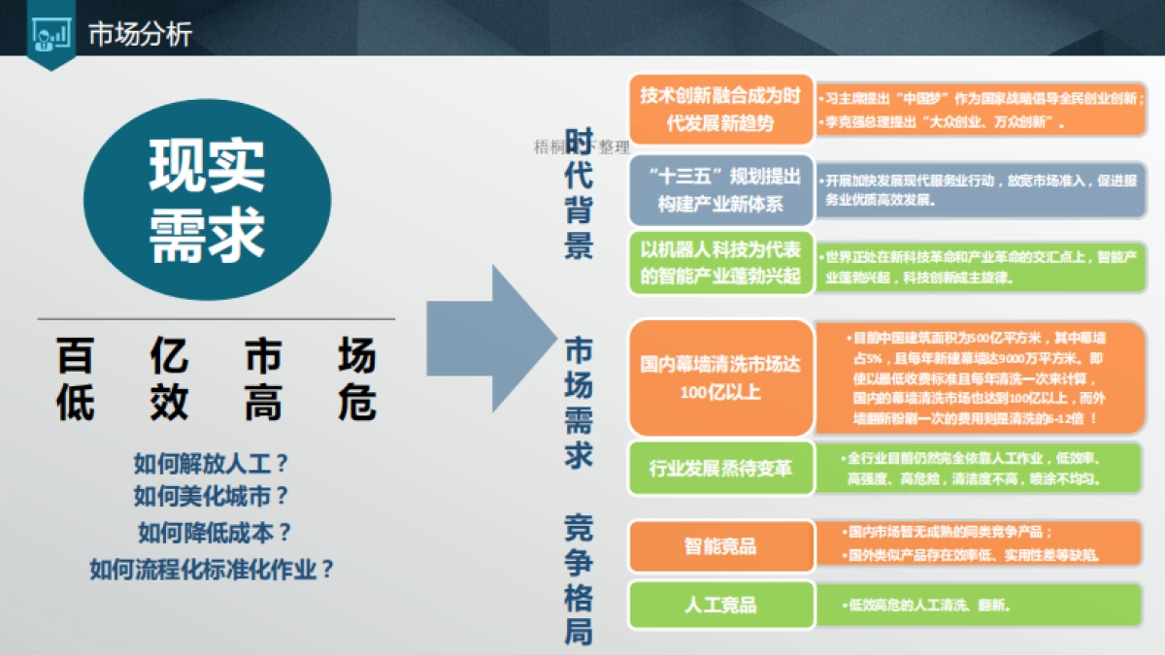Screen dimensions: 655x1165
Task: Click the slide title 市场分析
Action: [140, 35]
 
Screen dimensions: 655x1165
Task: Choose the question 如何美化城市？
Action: [214, 497]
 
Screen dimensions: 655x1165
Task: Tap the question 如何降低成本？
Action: [215, 532]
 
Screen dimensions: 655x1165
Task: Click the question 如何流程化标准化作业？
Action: [213, 570]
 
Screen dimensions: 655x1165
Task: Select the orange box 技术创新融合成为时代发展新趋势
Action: [719, 110]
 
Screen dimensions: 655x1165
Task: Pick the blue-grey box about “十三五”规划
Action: [719, 190]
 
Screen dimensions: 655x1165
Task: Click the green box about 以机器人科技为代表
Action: [720, 262]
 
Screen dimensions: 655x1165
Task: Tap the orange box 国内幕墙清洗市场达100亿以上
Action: [720, 378]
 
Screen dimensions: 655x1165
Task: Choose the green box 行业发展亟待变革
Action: [720, 469]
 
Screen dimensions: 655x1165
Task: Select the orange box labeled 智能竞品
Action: [720, 545]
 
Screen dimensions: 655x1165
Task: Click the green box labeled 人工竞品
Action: [720, 605]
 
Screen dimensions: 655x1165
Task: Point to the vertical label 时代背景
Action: [580, 199]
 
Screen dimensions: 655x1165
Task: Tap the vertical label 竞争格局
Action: [580, 579]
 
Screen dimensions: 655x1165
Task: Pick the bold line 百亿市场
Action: [216, 357]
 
